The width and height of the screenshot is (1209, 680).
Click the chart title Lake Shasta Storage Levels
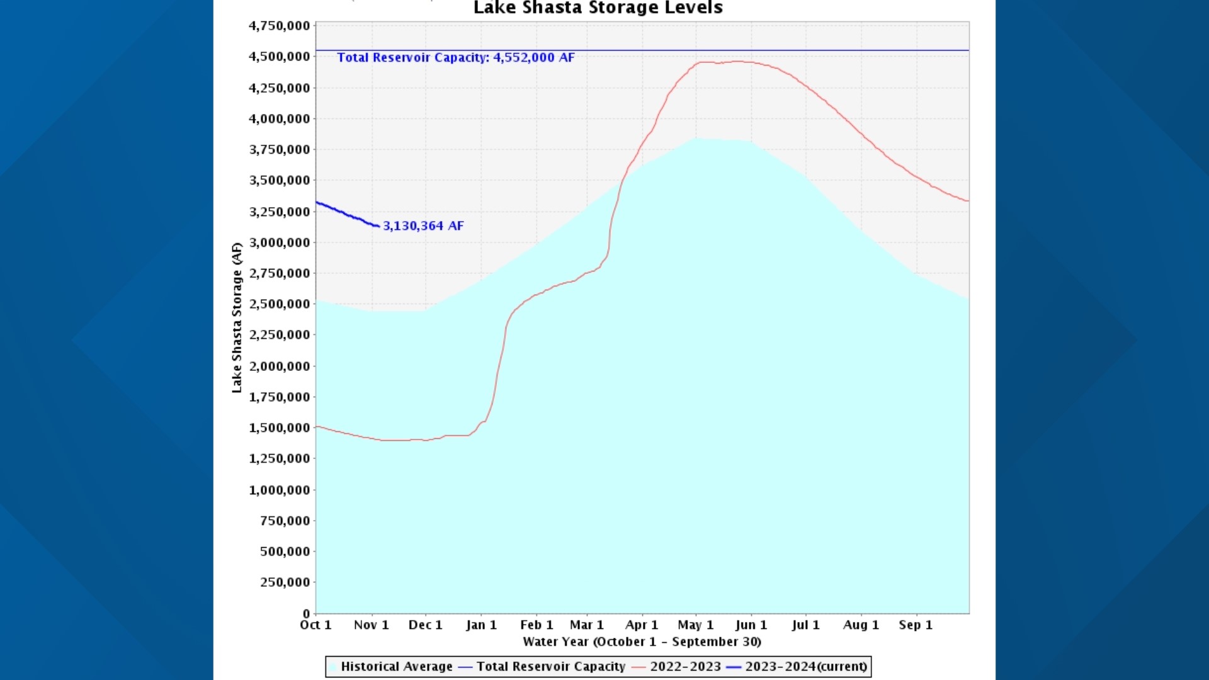(598, 8)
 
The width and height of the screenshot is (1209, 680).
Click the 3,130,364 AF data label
(423, 226)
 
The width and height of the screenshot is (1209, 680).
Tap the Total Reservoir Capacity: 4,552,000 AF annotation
(456, 57)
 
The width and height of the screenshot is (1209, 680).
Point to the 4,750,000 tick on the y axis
(280, 26)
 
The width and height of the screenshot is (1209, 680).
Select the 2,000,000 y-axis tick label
(280, 366)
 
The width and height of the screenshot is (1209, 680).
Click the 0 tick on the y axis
(306, 613)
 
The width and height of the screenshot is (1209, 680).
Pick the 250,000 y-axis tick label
(285, 582)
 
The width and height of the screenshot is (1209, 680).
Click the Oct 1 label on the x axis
(315, 625)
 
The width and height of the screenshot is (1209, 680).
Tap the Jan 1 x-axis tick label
(481, 625)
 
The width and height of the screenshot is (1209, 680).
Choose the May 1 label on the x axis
(695, 625)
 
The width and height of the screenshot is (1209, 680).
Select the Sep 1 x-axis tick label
(915, 625)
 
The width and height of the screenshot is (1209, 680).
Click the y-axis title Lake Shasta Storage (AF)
(237, 317)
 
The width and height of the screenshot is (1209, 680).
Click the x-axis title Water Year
(642, 642)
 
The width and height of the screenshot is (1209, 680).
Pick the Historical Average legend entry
(396, 667)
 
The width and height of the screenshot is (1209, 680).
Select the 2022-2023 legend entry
(685, 667)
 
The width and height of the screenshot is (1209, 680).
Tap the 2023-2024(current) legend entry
(806, 667)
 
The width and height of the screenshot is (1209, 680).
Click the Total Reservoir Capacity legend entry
(550, 667)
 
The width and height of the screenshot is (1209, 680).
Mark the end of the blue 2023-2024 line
(378, 226)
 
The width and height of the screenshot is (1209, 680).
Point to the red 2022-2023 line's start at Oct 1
(317, 427)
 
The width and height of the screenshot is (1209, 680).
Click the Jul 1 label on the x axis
(805, 625)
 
